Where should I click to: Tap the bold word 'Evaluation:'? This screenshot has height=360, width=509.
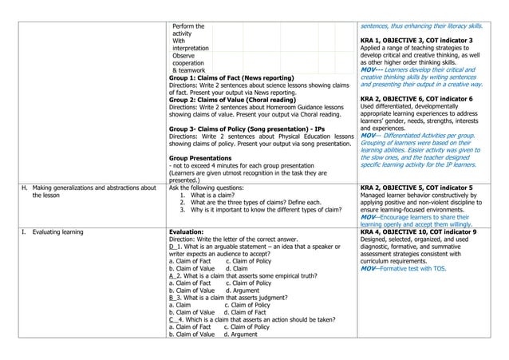coord(191,230)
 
